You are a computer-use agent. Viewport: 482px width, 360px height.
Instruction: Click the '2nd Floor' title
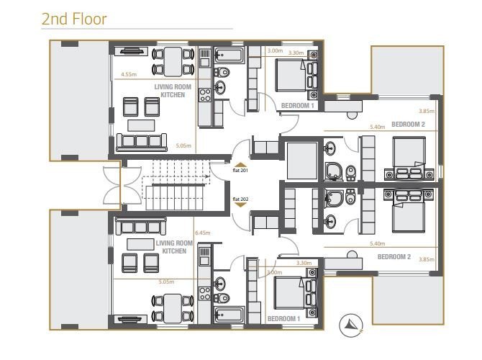[x=74, y=19]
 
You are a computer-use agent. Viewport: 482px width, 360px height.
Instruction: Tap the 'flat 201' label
[x=240, y=170]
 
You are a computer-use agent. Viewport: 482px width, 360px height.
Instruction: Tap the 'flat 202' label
[x=240, y=199]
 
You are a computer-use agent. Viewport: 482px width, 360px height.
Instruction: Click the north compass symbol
[x=351, y=325]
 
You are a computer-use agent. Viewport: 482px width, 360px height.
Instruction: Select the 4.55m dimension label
[x=129, y=74]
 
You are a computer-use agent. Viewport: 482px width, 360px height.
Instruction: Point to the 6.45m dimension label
[x=203, y=233]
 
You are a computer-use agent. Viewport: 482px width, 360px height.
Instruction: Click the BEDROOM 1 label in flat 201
[x=298, y=106]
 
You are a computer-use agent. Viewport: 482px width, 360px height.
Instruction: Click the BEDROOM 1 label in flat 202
[x=283, y=319]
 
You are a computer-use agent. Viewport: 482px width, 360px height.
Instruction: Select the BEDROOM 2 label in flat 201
[x=408, y=125]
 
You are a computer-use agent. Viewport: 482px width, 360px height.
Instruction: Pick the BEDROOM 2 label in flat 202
[x=394, y=256]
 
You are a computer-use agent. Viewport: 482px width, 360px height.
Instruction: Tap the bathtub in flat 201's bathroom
[x=229, y=55]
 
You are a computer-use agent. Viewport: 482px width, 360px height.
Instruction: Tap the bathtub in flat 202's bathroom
[x=229, y=315]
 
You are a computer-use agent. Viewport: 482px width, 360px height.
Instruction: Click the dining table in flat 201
[x=173, y=61]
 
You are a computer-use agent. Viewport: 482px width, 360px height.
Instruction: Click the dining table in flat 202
[x=173, y=308]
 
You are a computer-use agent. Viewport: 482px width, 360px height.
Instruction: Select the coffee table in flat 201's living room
[x=141, y=125]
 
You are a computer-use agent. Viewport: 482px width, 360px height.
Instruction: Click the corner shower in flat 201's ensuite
[x=333, y=171]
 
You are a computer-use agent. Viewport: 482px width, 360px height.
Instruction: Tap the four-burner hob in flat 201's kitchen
[x=205, y=95]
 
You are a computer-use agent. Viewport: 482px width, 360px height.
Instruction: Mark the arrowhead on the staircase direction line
[x=208, y=176]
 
